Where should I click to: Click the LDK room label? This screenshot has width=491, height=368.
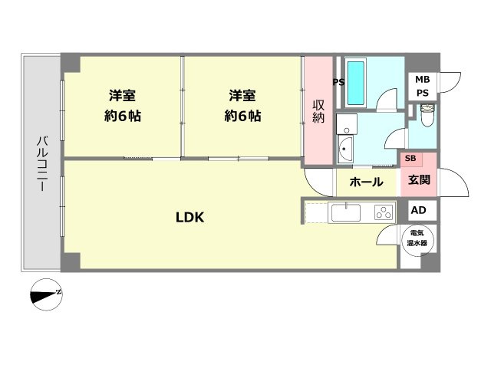(189, 218)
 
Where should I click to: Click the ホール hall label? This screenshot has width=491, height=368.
(365, 182)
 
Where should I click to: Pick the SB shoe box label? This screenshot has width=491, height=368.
(410, 159)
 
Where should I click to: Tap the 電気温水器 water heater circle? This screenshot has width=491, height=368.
(419, 238)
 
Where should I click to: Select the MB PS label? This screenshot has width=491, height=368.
(423, 86)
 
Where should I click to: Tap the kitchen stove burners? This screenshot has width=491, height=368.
(383, 212)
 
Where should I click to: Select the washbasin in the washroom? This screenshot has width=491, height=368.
(345, 148)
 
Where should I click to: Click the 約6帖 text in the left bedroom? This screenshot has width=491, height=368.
(123, 117)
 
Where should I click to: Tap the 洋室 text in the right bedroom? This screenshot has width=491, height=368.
(242, 96)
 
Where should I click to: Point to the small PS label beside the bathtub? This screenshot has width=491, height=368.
(338, 83)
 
